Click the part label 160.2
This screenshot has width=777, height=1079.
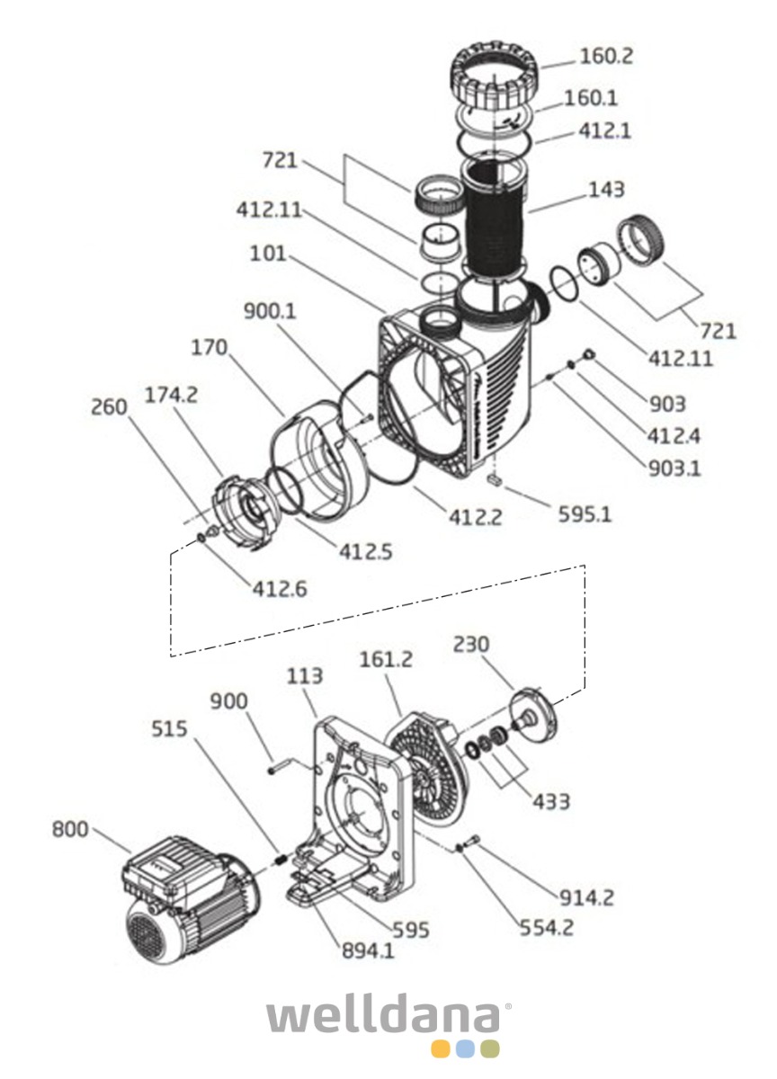pos(606,57)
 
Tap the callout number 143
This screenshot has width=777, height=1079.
pos(606,190)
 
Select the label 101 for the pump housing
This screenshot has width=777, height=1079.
pos(268,254)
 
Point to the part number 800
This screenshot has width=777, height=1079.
pos(70,828)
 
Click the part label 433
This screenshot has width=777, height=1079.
pos(550,799)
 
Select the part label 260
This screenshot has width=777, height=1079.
pos(110,407)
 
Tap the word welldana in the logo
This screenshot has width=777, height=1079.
pos(388,1016)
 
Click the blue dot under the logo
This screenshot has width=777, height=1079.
pos(465,1048)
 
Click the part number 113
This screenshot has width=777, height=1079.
pos(305,676)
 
